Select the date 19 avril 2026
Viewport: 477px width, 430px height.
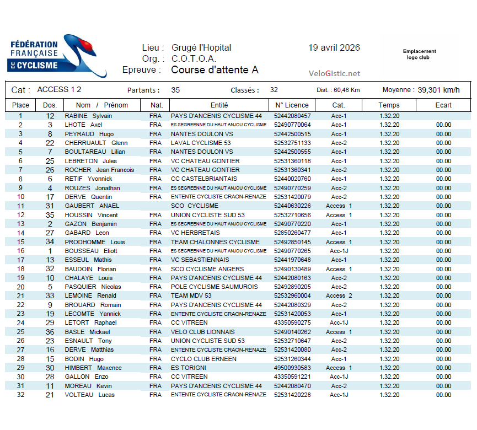tap(334, 47)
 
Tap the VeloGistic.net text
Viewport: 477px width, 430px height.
tap(334, 73)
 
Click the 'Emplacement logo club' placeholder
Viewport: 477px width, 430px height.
tap(419, 54)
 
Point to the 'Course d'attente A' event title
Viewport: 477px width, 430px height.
tap(215, 70)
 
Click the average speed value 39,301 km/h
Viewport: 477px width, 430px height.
tap(439, 90)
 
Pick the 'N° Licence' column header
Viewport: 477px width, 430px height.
tap(292, 105)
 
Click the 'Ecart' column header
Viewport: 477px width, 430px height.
tap(443, 105)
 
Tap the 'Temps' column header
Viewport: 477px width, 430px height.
tap(389, 105)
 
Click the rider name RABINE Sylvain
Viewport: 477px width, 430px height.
tap(88, 116)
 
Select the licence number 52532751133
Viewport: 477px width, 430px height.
tap(292, 143)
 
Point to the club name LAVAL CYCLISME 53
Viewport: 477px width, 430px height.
tap(201, 143)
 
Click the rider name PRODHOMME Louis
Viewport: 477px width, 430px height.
tap(95, 242)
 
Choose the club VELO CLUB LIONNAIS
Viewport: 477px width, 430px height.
tap(203, 332)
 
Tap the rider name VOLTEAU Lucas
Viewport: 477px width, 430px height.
tap(89, 395)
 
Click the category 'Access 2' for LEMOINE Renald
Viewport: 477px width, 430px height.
tap(339, 296)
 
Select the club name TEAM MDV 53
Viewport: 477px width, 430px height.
tap(191, 296)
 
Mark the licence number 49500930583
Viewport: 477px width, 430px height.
tap(292, 368)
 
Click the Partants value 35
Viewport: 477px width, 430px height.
tap(175, 90)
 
